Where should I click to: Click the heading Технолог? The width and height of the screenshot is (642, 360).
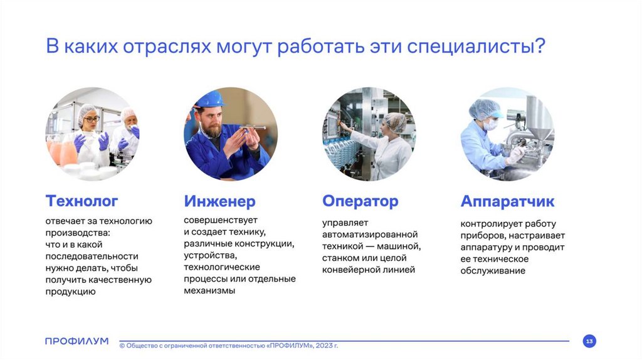click(x=82, y=201)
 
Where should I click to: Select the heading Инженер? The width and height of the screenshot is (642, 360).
click(x=219, y=201)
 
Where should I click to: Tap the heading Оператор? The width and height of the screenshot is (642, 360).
click(x=360, y=201)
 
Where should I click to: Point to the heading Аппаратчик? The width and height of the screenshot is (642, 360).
click(x=507, y=201)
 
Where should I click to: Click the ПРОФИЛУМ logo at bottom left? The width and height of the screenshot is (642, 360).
click(x=77, y=341)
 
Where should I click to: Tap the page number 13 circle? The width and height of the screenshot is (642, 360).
click(x=589, y=341)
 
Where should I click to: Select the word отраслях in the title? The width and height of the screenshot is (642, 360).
click(x=167, y=46)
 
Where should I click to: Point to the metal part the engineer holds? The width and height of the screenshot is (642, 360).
click(x=252, y=128)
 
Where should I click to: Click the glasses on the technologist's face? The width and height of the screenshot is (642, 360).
click(x=92, y=119)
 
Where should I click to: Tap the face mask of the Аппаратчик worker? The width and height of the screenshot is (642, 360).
click(x=490, y=124)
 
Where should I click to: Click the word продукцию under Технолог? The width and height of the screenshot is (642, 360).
click(x=70, y=292)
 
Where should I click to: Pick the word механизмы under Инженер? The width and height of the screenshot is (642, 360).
click(x=209, y=291)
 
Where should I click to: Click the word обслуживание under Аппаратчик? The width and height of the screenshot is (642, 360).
click(x=493, y=271)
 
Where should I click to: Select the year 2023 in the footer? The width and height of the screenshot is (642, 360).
click(x=324, y=346)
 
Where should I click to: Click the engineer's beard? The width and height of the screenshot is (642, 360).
click(x=213, y=130)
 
